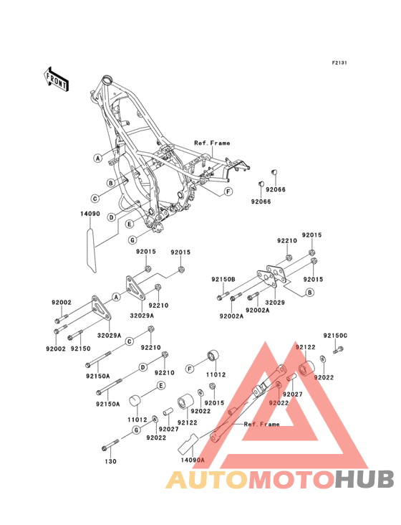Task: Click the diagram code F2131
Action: (x=339, y=62)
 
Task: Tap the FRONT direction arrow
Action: (x=56, y=80)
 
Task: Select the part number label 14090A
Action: (x=193, y=460)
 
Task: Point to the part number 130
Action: (x=110, y=461)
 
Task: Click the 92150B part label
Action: (x=223, y=279)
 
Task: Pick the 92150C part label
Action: (x=335, y=335)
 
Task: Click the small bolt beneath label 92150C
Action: (x=338, y=350)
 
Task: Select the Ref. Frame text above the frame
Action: (x=212, y=143)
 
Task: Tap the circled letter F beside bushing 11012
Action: (x=190, y=369)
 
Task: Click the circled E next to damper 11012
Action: (x=161, y=386)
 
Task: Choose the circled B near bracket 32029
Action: (x=310, y=293)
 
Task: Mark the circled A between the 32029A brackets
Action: (x=116, y=297)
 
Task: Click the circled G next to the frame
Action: (x=132, y=240)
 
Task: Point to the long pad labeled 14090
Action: (x=91, y=250)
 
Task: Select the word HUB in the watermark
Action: (x=364, y=479)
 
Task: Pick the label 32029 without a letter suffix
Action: (x=275, y=303)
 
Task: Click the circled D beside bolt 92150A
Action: (x=142, y=367)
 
